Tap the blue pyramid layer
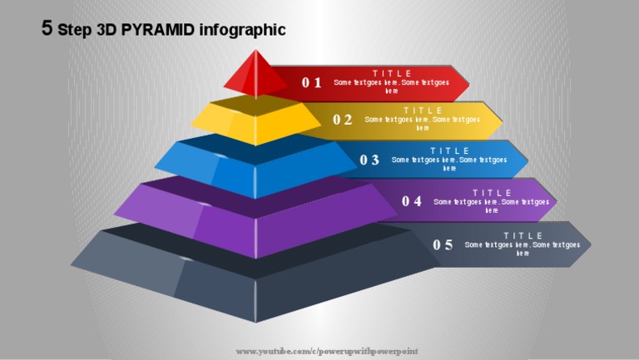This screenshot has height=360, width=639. pos(255,166)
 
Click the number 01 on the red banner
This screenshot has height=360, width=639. pos(311,82)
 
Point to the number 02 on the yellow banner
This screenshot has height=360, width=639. pos(343,119)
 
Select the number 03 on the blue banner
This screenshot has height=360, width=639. pos(369,160)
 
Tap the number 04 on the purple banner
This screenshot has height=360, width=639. pos(412,200)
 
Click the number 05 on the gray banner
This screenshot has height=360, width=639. pos(443,244)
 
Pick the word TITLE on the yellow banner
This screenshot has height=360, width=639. pos(423,110)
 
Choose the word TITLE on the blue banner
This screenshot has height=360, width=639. pos(449,150)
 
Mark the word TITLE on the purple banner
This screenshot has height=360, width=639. pos(492,192)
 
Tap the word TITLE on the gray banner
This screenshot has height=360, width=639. pos(523,235)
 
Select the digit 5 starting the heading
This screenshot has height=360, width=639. pos(47,29)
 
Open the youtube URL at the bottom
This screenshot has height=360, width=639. pos(327,352)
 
